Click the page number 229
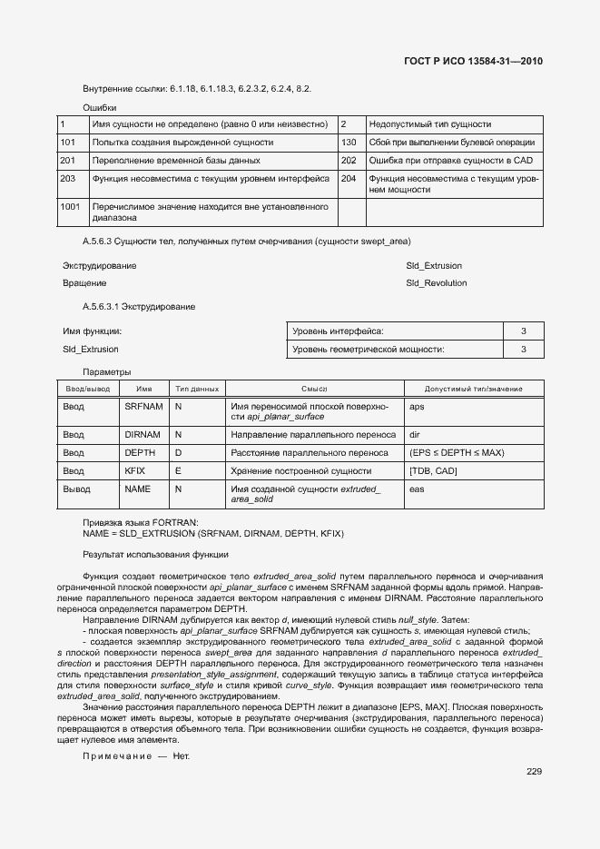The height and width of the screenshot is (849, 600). tap(534, 772)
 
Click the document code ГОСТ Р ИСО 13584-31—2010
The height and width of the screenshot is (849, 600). tap(474, 62)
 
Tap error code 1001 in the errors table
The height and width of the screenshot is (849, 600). tap(70, 207)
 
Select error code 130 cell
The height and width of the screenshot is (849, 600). tap(349, 143)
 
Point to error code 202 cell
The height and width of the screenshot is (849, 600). tap(349, 160)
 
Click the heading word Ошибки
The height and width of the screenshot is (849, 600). tap(98, 107)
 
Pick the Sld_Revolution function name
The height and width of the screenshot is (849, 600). tap(436, 283)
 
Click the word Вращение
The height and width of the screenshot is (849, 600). tap(84, 283)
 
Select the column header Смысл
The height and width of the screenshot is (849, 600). tap(314, 389)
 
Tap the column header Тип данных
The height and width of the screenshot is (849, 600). tap(196, 389)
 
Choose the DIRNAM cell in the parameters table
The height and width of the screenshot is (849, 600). tap(142, 435)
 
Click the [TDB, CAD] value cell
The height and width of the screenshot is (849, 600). tap(433, 471)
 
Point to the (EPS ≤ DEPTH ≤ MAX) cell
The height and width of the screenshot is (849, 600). tap(457, 453)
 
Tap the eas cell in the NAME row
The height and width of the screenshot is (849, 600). tap(417, 489)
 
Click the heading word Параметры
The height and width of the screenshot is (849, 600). tap(106, 371)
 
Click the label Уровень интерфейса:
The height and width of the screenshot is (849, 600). tap(338, 331)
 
